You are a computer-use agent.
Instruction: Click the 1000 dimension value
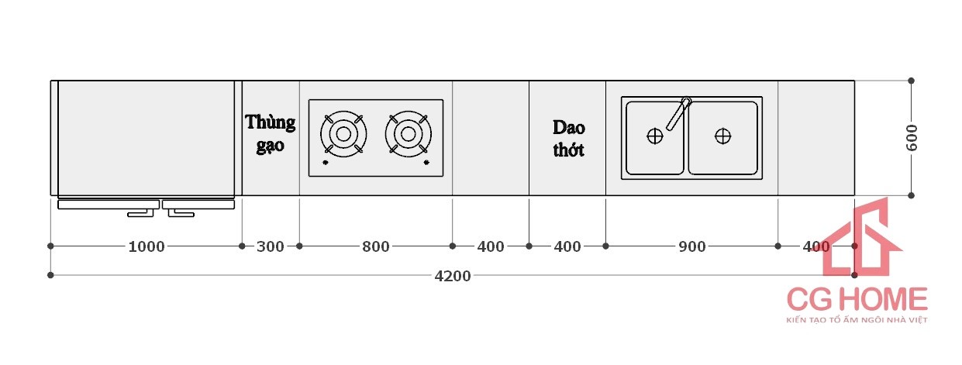(146, 246)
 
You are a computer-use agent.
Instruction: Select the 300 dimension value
(270, 246)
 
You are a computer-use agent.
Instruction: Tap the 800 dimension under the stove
(376, 246)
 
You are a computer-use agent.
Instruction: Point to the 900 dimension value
(691, 246)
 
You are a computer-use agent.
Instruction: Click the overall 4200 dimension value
(453, 275)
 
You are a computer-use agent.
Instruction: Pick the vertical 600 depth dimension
(912, 138)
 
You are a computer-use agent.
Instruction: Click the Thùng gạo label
(271, 133)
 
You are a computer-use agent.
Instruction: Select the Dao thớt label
(568, 138)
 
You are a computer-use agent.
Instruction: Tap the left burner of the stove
(342, 134)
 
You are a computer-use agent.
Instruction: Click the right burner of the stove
(407, 134)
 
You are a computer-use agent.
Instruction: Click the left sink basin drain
(655, 136)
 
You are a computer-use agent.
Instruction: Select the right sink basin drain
(722, 136)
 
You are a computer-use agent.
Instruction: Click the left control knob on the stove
(326, 163)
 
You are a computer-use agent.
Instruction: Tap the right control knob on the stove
(426, 163)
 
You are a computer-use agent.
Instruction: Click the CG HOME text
(857, 299)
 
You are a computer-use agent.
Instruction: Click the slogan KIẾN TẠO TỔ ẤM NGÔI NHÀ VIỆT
(857, 319)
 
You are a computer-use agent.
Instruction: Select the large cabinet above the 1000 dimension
(146, 138)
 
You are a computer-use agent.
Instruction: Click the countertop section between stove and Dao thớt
(491, 138)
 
